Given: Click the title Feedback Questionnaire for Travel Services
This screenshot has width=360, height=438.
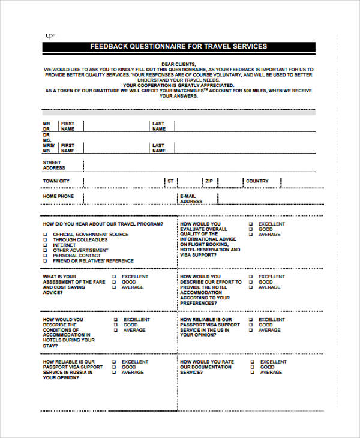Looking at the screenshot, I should [x=178, y=46].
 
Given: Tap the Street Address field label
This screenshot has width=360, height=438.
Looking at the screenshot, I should [x=53, y=165].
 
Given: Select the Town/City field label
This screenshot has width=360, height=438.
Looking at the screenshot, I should [x=56, y=181].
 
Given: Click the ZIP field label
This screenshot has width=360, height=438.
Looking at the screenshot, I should [x=209, y=181].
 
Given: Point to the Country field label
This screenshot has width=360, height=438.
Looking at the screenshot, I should [x=257, y=181].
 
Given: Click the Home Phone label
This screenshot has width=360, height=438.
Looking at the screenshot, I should [x=58, y=196].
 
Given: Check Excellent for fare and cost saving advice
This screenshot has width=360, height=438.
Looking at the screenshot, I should [x=114, y=277].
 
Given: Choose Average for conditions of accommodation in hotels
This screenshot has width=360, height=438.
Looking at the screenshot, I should [x=114, y=330].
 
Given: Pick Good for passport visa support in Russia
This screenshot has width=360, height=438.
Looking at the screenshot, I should [x=114, y=367].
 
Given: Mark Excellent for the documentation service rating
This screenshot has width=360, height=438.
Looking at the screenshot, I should [x=251, y=362].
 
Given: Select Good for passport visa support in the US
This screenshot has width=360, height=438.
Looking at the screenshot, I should [x=251, y=325].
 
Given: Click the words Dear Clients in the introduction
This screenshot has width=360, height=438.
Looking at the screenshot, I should [x=178, y=64].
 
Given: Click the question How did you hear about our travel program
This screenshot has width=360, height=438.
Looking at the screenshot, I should [x=103, y=224].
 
